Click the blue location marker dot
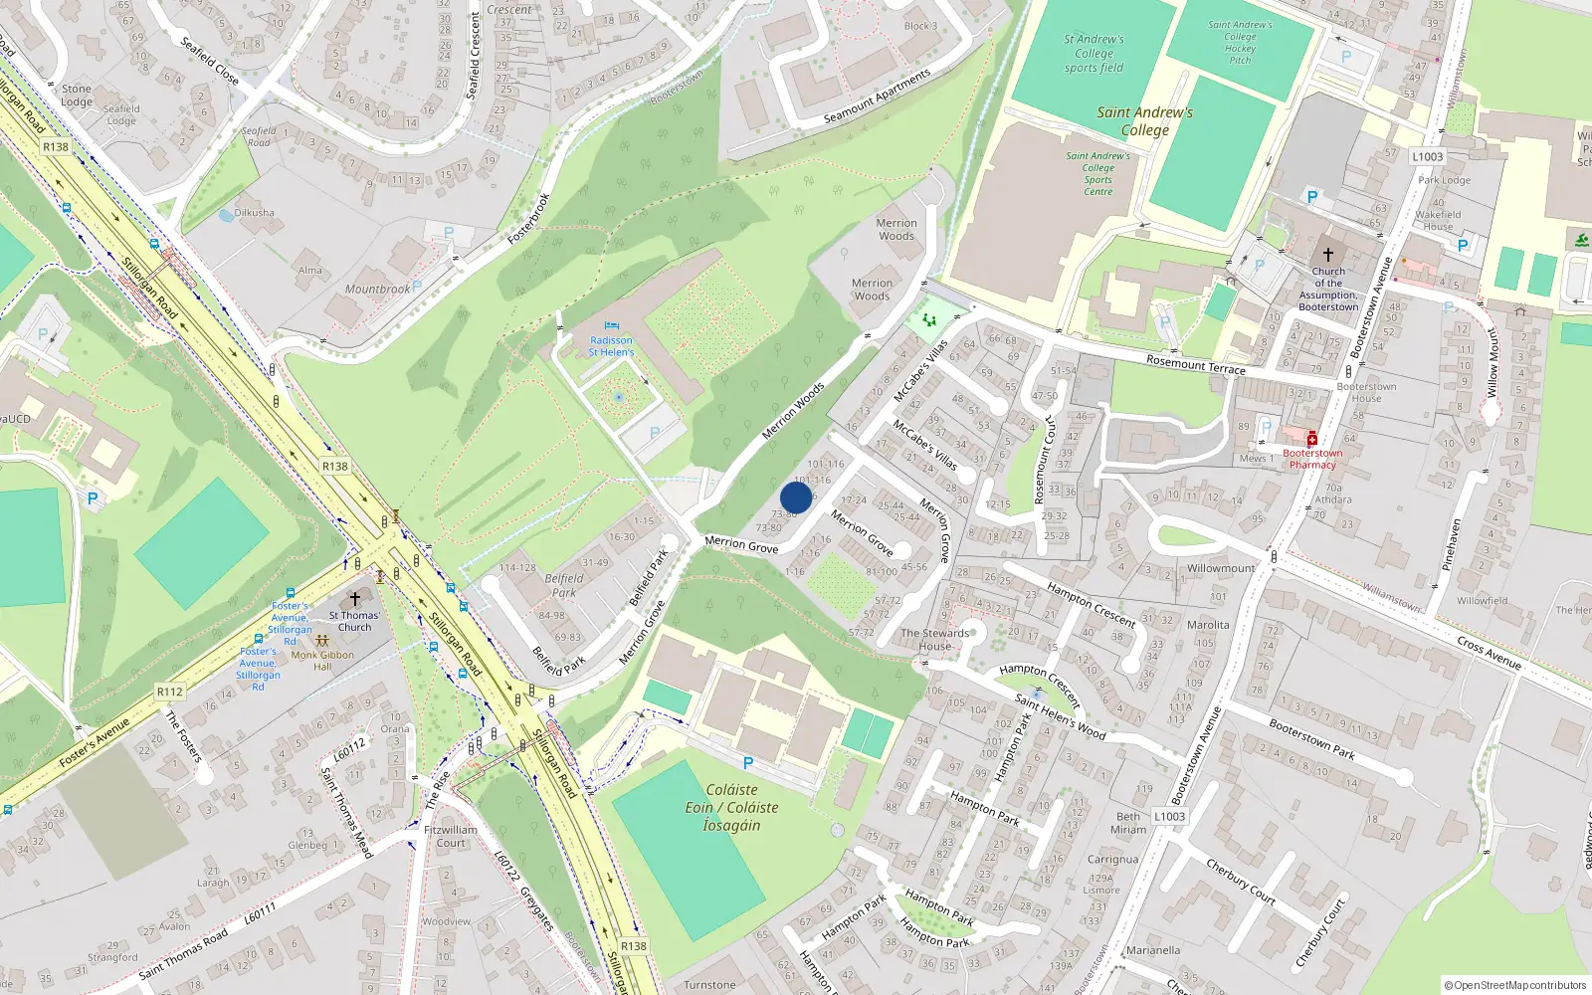(x=796, y=497)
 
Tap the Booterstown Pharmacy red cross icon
(x=1312, y=439)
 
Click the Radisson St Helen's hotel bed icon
(x=611, y=326)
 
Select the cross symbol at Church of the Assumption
(x=1327, y=255)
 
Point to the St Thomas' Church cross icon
(x=354, y=599)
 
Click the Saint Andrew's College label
(x=1145, y=121)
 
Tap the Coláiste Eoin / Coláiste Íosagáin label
(x=731, y=807)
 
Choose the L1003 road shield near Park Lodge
(x=1427, y=156)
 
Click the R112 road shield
(x=170, y=692)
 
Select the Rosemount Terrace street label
(x=1196, y=365)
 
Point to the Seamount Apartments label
(x=877, y=98)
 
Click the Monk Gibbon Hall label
(x=322, y=661)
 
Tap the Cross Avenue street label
(x=1489, y=653)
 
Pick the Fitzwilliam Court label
(x=451, y=836)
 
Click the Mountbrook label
(x=377, y=290)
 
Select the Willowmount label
(x=1221, y=568)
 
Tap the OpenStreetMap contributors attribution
(x=1516, y=985)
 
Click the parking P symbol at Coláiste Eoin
(x=748, y=763)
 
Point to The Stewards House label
(x=934, y=639)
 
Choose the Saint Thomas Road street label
(x=183, y=955)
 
